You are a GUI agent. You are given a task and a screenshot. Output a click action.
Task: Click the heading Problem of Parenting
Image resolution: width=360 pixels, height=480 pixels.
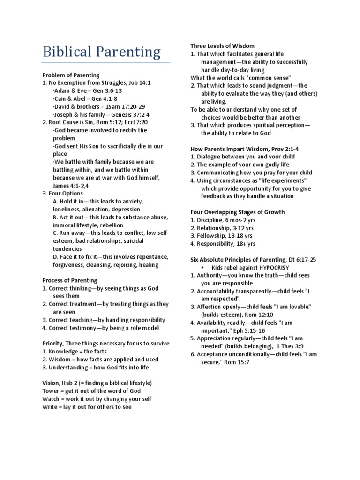71,75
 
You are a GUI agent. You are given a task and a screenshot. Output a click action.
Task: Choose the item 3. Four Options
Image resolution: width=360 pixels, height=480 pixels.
62,193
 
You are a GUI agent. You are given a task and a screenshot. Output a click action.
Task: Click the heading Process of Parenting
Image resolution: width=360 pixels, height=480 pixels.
70,280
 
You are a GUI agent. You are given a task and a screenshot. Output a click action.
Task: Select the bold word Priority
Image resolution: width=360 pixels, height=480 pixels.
52,344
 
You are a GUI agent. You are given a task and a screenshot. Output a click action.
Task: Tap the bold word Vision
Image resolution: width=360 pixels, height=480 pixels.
50,383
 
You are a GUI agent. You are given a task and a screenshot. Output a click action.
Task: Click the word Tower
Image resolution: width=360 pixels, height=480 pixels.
51,391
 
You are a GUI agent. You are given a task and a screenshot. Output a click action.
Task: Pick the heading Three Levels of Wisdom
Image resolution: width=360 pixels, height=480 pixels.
222,46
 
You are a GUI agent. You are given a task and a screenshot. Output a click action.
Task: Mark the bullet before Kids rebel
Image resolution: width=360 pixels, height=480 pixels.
202,267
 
